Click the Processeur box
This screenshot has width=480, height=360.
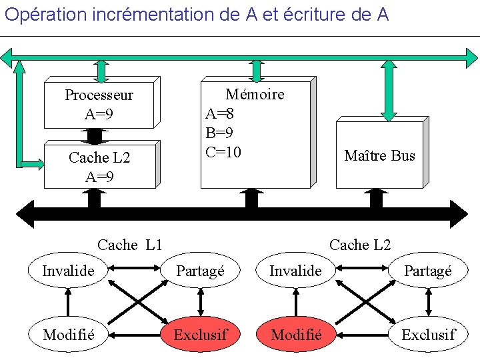click(99, 105)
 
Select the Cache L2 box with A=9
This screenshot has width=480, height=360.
click(99, 167)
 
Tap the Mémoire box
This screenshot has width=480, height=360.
click(256, 133)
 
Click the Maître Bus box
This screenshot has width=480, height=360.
click(379, 155)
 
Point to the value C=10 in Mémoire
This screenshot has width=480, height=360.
click(223, 152)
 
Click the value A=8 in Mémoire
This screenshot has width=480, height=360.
click(220, 113)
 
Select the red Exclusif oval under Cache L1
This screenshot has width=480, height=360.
click(200, 334)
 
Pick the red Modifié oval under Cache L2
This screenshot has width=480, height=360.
click(297, 334)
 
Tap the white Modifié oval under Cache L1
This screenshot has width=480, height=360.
click(67, 334)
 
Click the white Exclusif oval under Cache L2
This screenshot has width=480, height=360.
click(428, 334)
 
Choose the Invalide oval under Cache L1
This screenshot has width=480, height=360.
click(67, 271)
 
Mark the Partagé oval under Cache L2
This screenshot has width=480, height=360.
click(428, 271)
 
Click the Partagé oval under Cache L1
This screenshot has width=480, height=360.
click(200, 271)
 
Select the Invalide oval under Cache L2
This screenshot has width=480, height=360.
click(295, 271)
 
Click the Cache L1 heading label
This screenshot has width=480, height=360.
click(130, 245)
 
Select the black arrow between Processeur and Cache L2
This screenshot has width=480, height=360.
click(95, 135)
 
